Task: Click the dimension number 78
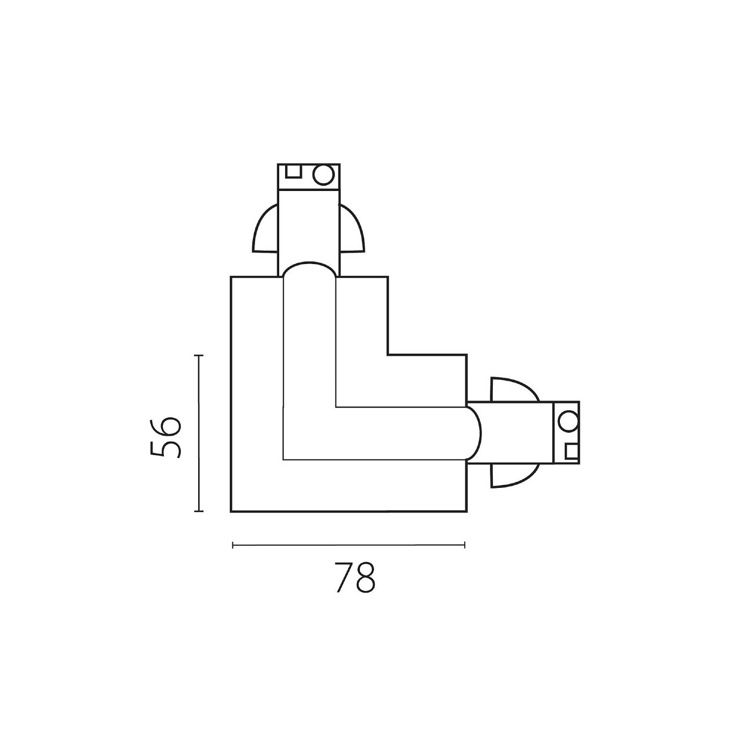[x=354, y=577]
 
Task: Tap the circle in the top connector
[x=322, y=175]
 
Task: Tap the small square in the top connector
[x=294, y=171]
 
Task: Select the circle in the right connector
[x=567, y=422]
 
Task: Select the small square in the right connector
[x=571, y=451]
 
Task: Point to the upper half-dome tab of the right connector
[x=515, y=389]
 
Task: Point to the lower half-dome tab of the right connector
[x=515, y=475]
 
